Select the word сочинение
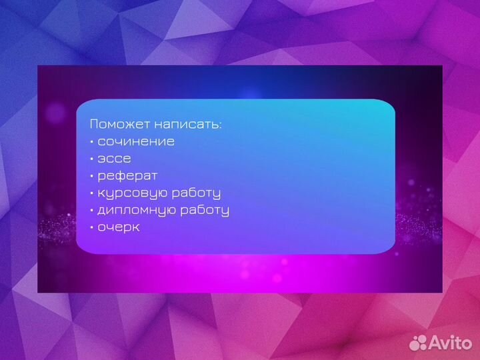(x=136, y=141)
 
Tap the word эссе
(x=114, y=159)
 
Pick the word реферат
(x=127, y=176)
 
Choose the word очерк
(x=119, y=227)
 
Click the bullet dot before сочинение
(x=91, y=142)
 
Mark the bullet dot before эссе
(x=91, y=159)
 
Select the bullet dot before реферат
(x=91, y=177)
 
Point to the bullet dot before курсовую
(x=91, y=193)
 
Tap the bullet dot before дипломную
(x=91, y=211)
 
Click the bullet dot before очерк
(x=91, y=228)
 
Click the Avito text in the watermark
(x=450, y=342)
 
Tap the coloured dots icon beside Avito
(x=419, y=342)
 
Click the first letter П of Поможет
(x=94, y=124)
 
